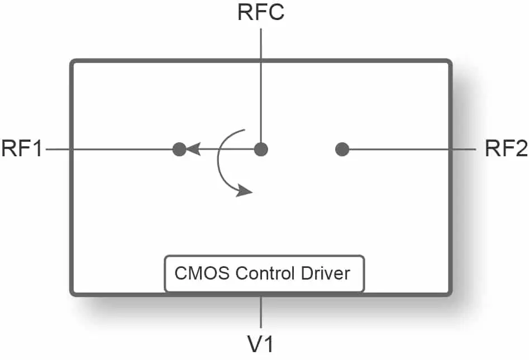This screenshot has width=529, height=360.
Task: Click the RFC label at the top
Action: click(261, 12)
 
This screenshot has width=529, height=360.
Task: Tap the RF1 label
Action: click(22, 148)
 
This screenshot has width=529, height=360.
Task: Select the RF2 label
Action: click(506, 148)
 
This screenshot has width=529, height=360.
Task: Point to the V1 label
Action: click(260, 344)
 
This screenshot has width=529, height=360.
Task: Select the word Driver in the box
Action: click(325, 273)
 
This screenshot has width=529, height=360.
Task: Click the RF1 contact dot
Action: click(179, 149)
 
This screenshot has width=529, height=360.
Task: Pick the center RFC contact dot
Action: click(261, 149)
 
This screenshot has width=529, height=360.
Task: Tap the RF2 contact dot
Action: click(342, 149)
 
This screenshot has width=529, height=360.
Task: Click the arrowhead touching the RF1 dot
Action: click(193, 149)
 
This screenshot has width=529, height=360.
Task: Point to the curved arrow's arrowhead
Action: click(244, 190)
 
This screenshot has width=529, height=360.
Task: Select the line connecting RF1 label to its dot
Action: click(109, 149)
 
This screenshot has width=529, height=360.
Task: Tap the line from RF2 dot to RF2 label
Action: click(412, 149)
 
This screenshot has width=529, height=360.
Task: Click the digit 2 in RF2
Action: click(522, 148)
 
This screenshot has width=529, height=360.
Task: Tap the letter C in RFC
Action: click(275, 12)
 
